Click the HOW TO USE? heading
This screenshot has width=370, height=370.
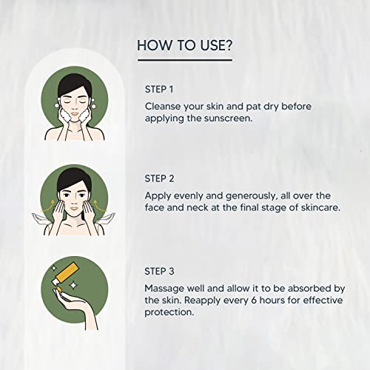tap(184, 45)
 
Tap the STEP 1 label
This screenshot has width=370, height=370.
tap(159, 90)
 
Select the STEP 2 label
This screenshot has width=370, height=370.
tap(159, 178)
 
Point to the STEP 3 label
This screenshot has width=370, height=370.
tap(159, 272)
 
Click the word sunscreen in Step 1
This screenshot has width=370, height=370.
tap(229, 118)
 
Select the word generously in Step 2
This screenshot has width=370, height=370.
tap(252, 196)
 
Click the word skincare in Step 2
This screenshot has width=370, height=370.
tap(320, 208)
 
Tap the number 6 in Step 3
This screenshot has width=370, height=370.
tap(254, 300)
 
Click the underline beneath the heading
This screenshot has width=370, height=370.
tap(185, 60)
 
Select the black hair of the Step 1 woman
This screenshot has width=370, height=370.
tap(73, 84)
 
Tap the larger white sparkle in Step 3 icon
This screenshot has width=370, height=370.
tap(73, 286)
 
